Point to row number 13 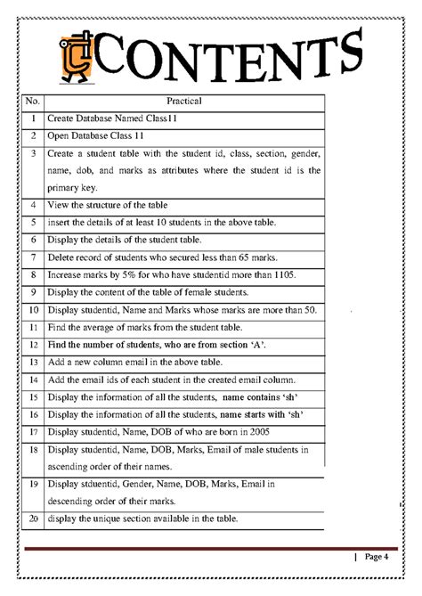[32, 363]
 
